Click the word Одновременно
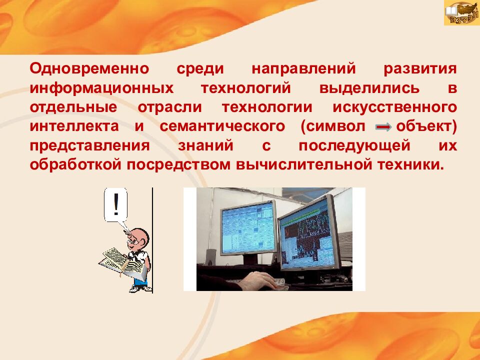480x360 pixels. tap(89, 68)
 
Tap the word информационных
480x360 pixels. tap(101, 88)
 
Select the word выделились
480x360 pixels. tap(369, 88)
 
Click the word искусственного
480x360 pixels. tap(394, 107)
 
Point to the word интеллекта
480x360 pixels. tap(74, 126)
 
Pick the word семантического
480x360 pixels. tap(222, 126)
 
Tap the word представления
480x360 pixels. tap(89, 145)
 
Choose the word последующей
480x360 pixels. tap(354, 145)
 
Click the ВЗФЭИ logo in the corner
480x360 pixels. tap(461, 13)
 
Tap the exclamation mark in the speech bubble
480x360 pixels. tap(116, 204)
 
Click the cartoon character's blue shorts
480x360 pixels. tap(141, 281)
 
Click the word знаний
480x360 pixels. tap(205, 145)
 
